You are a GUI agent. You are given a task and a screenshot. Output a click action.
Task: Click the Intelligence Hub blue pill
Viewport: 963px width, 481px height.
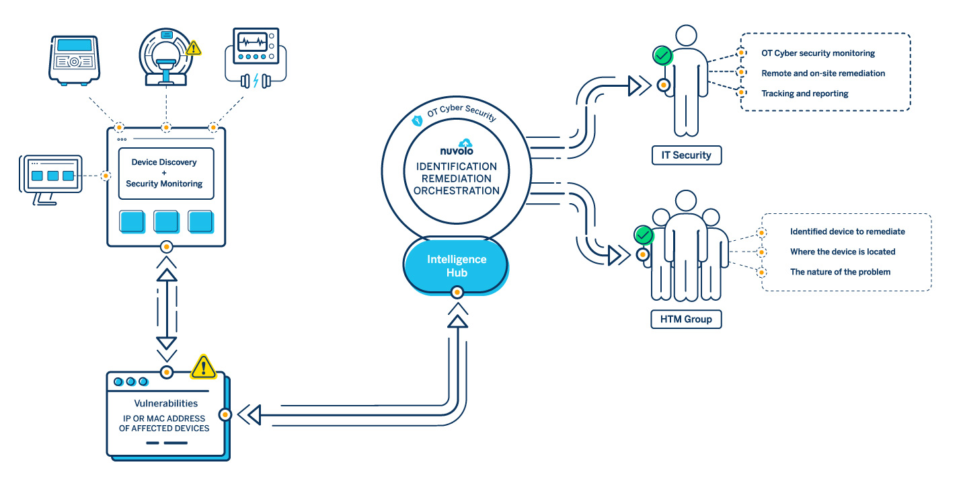(456, 266)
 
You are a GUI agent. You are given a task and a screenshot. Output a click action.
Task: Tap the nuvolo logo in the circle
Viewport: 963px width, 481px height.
(457, 148)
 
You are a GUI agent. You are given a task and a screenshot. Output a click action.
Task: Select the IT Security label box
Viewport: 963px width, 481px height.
(686, 155)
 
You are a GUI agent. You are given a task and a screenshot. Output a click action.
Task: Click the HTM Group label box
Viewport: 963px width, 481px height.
(686, 319)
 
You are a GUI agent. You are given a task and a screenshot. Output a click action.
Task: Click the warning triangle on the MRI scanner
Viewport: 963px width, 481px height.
(194, 48)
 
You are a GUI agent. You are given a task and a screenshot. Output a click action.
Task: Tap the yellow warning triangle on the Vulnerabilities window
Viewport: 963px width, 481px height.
(203, 367)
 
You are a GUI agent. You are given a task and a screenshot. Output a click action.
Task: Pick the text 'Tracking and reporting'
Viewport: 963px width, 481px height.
(804, 94)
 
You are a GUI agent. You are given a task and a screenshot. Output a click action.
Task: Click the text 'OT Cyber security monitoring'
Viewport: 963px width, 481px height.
(818, 53)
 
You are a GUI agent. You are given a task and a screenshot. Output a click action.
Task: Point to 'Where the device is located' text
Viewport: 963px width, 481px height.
(842, 252)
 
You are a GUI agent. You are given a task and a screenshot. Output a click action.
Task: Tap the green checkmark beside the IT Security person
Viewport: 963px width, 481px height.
(662, 56)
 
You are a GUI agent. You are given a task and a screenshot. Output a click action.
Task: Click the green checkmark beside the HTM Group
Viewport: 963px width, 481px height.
(644, 235)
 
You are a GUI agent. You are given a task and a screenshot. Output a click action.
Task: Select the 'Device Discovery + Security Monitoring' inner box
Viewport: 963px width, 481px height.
(165, 173)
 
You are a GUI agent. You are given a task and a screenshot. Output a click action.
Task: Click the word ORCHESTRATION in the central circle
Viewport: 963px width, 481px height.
(457, 190)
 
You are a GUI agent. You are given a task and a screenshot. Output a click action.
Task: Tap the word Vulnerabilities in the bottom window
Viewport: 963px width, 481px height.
(165, 404)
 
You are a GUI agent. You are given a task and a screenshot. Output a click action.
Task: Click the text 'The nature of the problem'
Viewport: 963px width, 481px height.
(840, 272)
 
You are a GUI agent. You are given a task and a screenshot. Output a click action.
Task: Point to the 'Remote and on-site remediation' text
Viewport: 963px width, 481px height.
(823, 73)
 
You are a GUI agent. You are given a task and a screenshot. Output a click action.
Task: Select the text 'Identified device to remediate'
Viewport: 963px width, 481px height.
(847, 231)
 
